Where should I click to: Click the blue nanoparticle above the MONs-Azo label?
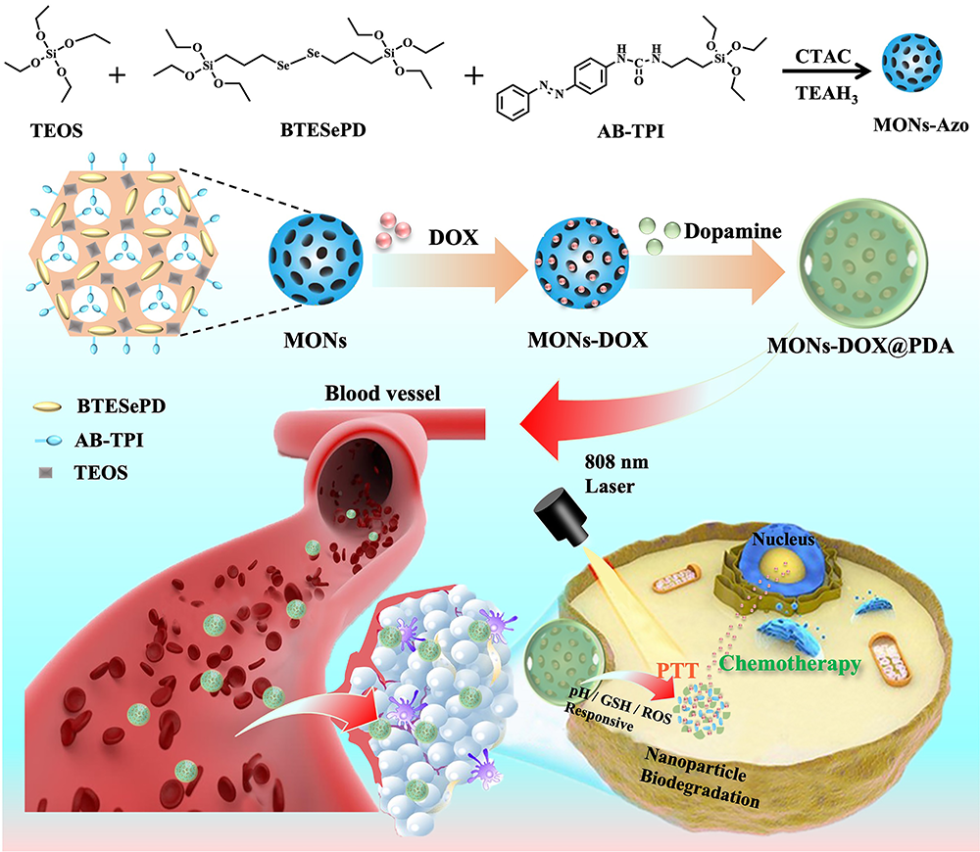pyautogui.click(x=918, y=71)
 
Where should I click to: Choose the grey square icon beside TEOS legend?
pyautogui.click(x=46, y=473)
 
